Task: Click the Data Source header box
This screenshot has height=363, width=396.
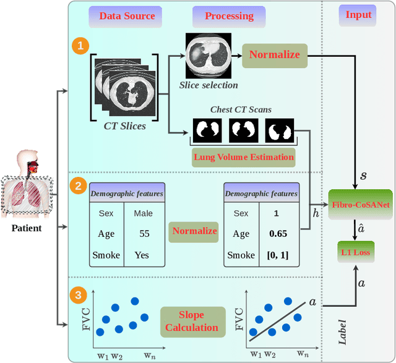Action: pos(126,15)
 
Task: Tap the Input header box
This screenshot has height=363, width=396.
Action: pos(359,15)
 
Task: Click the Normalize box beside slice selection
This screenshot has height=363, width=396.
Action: pos(274,54)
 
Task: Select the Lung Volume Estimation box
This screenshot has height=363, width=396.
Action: pos(244,157)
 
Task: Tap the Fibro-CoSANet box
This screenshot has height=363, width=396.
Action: pos(361,205)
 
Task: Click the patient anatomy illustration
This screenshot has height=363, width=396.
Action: pos(27,180)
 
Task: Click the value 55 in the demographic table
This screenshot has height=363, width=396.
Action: pos(144,234)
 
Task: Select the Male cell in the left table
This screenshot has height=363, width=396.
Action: pos(143,213)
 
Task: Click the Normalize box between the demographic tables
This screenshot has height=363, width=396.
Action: pos(195,231)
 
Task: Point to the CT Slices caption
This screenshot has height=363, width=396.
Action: pos(124,126)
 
